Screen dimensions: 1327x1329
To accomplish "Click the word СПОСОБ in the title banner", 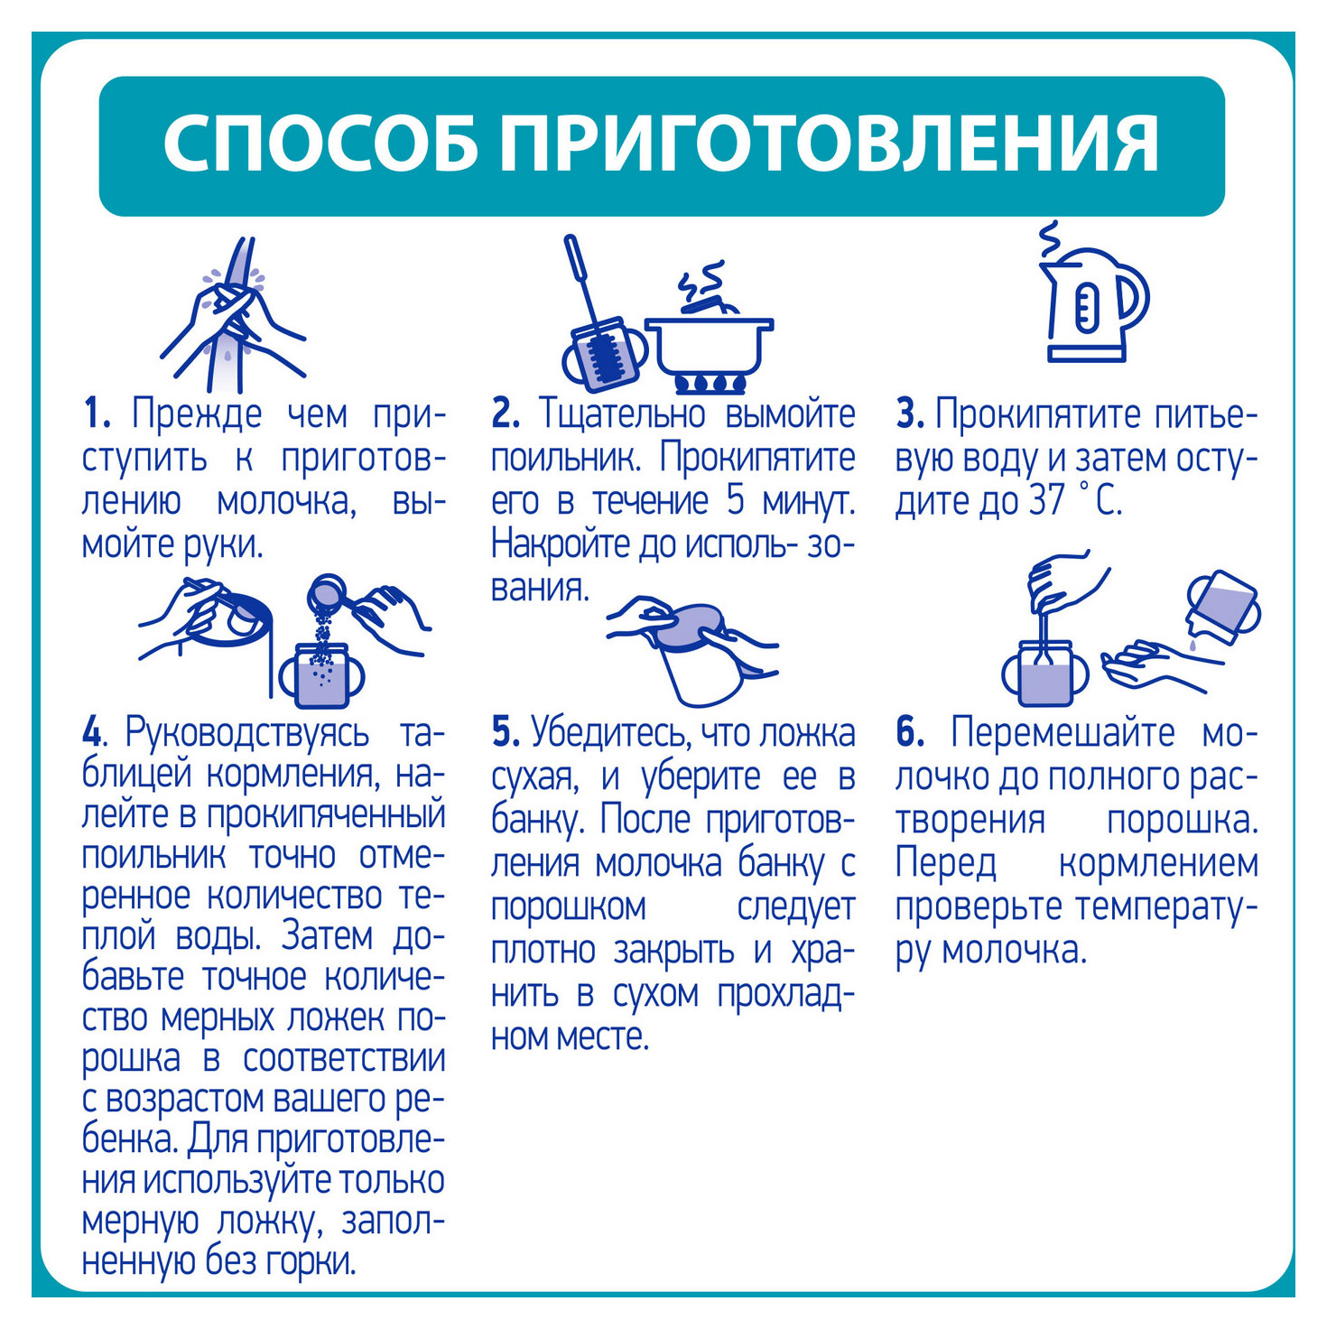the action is (x=320, y=144).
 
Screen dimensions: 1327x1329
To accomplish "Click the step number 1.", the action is (x=96, y=414).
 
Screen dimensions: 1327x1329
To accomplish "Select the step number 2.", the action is (x=506, y=414).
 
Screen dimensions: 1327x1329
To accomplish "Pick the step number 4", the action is (x=92, y=732).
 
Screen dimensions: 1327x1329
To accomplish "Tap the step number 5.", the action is (x=506, y=732).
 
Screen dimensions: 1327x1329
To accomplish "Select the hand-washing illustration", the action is (x=232, y=314).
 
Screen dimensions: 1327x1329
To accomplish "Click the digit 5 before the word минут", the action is (x=736, y=500).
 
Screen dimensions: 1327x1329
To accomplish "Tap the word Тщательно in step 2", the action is (x=624, y=415).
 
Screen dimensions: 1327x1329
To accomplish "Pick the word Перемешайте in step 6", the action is (x=1063, y=732).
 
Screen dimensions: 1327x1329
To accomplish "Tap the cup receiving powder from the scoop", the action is (x=322, y=675).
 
